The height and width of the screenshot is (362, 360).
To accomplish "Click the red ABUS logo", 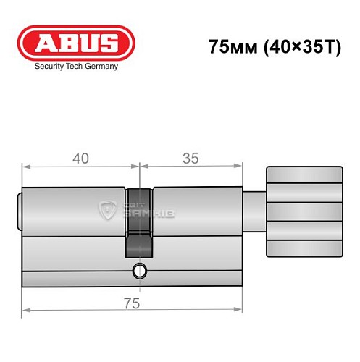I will coord(76,43).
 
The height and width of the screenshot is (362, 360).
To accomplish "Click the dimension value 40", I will coord(80,159).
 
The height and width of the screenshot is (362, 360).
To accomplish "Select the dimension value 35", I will coord(191,159).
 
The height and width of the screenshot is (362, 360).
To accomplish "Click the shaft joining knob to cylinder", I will coord(254,212).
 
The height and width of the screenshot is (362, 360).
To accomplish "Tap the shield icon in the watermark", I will coord(106,209).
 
